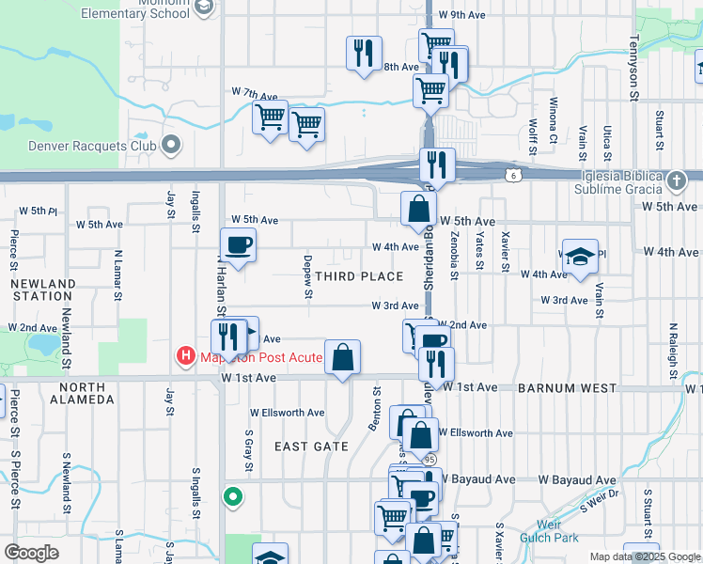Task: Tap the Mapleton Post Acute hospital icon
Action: tap(186, 356)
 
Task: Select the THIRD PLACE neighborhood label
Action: tap(359, 276)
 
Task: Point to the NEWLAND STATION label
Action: tap(44, 290)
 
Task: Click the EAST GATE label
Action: tap(311, 446)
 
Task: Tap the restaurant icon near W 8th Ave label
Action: tap(363, 53)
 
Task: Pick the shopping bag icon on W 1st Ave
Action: tap(343, 357)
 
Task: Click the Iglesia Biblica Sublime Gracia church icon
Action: tap(677, 180)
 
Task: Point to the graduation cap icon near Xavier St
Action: tap(580, 256)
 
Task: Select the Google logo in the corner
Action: tap(31, 553)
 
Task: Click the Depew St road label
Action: tap(307, 276)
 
